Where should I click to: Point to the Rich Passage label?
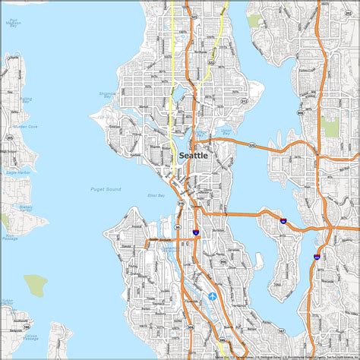pos(9,237)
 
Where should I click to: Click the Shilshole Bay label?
pos(128,115)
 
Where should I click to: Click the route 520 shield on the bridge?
pos(251,143)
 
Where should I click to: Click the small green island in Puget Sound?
pos(35,285)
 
